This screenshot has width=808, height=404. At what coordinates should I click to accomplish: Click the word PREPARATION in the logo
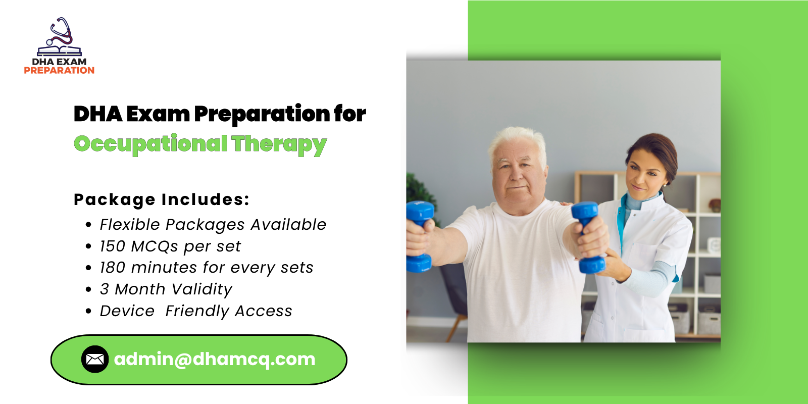tap(59, 71)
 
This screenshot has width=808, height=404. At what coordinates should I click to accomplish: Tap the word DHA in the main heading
tap(97, 114)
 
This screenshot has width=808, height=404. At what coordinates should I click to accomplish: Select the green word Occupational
tap(150, 144)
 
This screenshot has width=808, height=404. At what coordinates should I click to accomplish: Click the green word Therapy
tap(279, 144)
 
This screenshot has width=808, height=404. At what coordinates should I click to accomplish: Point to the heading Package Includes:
tap(162, 199)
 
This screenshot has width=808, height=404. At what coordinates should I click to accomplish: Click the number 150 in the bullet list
tap(112, 246)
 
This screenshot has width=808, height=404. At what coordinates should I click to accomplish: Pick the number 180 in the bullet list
tap(112, 268)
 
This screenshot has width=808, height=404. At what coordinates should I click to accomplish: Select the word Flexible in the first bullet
tap(129, 225)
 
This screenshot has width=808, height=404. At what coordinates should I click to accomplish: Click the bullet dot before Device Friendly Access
tap(88, 312)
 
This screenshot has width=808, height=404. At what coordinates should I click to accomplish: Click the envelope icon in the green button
tap(95, 359)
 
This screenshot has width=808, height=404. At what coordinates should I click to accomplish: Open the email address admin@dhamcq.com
tap(215, 359)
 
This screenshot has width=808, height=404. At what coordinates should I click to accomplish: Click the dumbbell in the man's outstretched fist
tap(587, 237)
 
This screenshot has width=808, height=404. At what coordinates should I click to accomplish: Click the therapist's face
tap(644, 174)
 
